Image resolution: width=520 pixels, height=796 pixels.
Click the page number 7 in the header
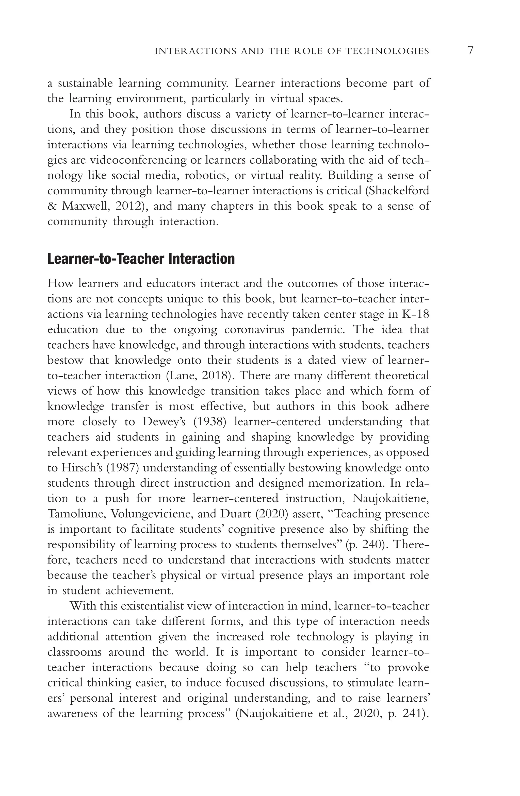coord(470,50)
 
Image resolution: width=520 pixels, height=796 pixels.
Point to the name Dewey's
coord(164,422)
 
